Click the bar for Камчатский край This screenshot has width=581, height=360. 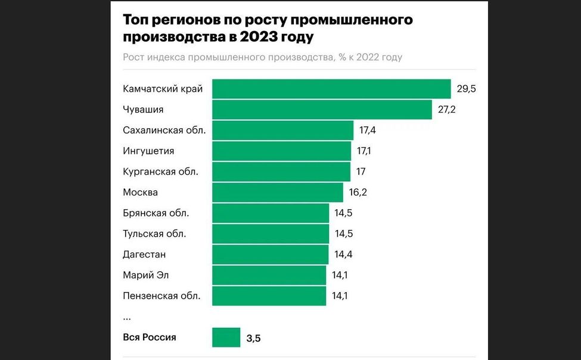click(x=331, y=89)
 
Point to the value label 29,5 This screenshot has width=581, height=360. click(x=467, y=89)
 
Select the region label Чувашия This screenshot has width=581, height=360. click(x=143, y=110)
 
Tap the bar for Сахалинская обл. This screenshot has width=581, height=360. click(x=282, y=130)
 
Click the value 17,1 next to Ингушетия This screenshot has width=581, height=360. click(x=363, y=151)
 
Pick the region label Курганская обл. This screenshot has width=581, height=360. click(x=160, y=172)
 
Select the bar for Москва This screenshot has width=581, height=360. click(x=278, y=193)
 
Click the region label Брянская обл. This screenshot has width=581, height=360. click(x=160, y=213)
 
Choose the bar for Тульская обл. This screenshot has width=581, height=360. click(x=271, y=234)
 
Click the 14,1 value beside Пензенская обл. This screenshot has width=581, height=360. click(x=341, y=296)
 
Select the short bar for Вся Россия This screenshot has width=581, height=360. click(x=226, y=337)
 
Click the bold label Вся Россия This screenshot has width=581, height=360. click(x=150, y=337)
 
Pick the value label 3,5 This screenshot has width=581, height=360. click(x=253, y=339)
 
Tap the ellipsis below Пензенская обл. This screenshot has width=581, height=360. click(x=126, y=318)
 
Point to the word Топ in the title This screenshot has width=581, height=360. click(x=136, y=20)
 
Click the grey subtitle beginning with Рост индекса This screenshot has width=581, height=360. click(x=262, y=57)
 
